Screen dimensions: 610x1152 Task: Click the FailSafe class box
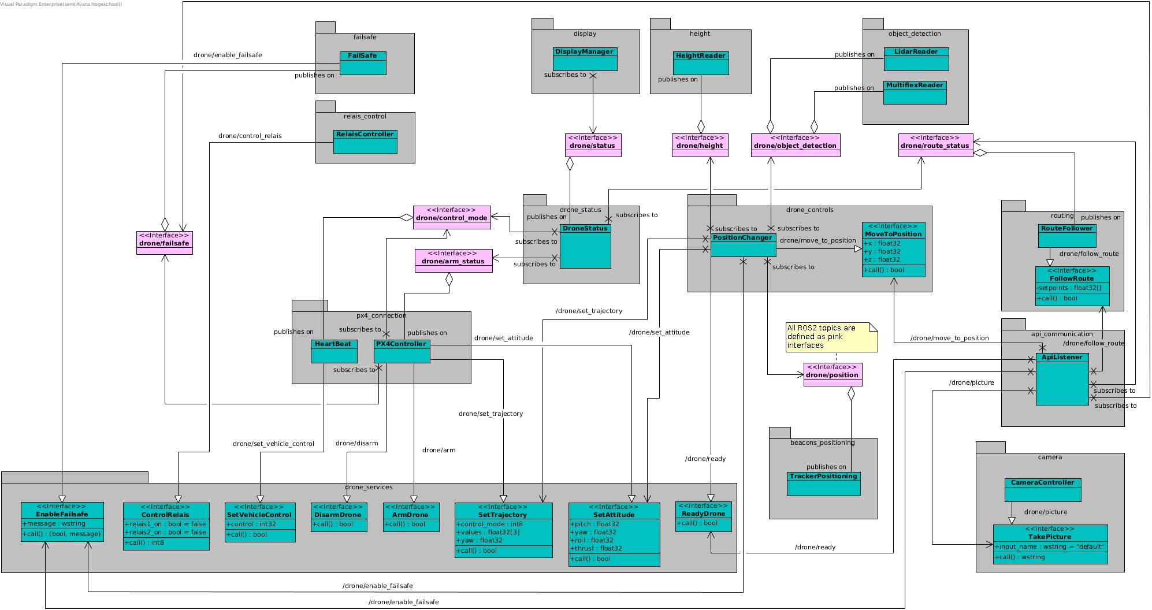(x=362, y=63)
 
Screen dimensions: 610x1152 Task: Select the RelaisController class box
(x=365, y=142)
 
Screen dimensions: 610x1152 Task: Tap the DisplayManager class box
(x=585, y=59)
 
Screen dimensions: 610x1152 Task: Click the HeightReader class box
(x=701, y=63)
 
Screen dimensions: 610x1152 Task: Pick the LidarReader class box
(x=916, y=59)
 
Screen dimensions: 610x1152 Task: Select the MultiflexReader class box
(x=915, y=92)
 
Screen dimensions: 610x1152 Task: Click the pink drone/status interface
(x=593, y=145)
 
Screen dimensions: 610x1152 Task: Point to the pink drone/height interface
(x=700, y=145)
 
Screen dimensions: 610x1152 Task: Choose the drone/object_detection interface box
(x=795, y=145)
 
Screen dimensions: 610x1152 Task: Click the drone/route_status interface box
(x=935, y=145)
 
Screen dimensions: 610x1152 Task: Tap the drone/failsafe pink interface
(x=164, y=243)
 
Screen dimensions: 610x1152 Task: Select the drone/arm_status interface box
(x=453, y=261)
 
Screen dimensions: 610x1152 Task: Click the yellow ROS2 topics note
(x=831, y=337)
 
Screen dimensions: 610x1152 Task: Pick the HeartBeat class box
(x=333, y=351)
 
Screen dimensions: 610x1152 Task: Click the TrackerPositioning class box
(x=823, y=483)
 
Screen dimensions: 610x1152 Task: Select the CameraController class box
(x=1042, y=490)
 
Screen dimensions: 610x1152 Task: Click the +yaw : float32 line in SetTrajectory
(x=480, y=541)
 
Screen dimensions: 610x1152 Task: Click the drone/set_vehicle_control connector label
(x=273, y=444)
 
